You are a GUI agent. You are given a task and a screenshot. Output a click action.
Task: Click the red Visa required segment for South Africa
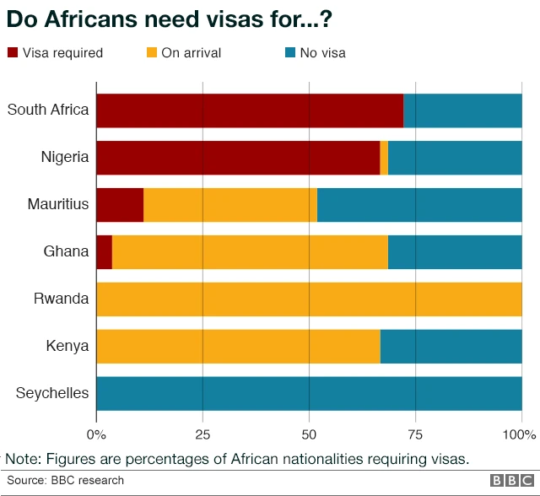point(250,111)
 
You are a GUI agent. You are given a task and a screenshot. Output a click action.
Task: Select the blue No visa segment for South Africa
point(462,111)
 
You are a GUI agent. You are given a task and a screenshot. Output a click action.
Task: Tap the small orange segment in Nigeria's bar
point(384,158)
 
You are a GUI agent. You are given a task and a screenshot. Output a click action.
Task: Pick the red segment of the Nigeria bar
point(238,158)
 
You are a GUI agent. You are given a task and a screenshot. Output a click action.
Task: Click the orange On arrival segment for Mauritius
point(230,205)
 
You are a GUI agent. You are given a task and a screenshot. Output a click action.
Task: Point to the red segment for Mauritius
point(120,205)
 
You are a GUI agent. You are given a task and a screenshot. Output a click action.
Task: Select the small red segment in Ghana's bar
point(105,252)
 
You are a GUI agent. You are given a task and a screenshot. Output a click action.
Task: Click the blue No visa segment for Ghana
point(455,252)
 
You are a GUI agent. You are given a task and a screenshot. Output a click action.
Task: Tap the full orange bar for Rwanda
point(310,299)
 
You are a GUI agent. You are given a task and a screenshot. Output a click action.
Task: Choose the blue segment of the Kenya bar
point(451,347)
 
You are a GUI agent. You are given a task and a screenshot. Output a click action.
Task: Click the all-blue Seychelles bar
point(310,394)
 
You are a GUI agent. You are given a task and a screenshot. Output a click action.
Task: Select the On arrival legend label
point(191,53)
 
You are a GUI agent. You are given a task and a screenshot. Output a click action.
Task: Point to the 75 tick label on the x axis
point(415,435)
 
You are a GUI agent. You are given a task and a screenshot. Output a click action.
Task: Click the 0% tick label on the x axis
point(97,435)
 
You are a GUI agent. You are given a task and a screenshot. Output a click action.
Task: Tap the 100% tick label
point(520,435)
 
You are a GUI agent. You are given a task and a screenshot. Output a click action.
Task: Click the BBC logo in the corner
point(507,481)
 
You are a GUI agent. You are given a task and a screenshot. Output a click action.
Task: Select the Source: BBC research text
point(66,481)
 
